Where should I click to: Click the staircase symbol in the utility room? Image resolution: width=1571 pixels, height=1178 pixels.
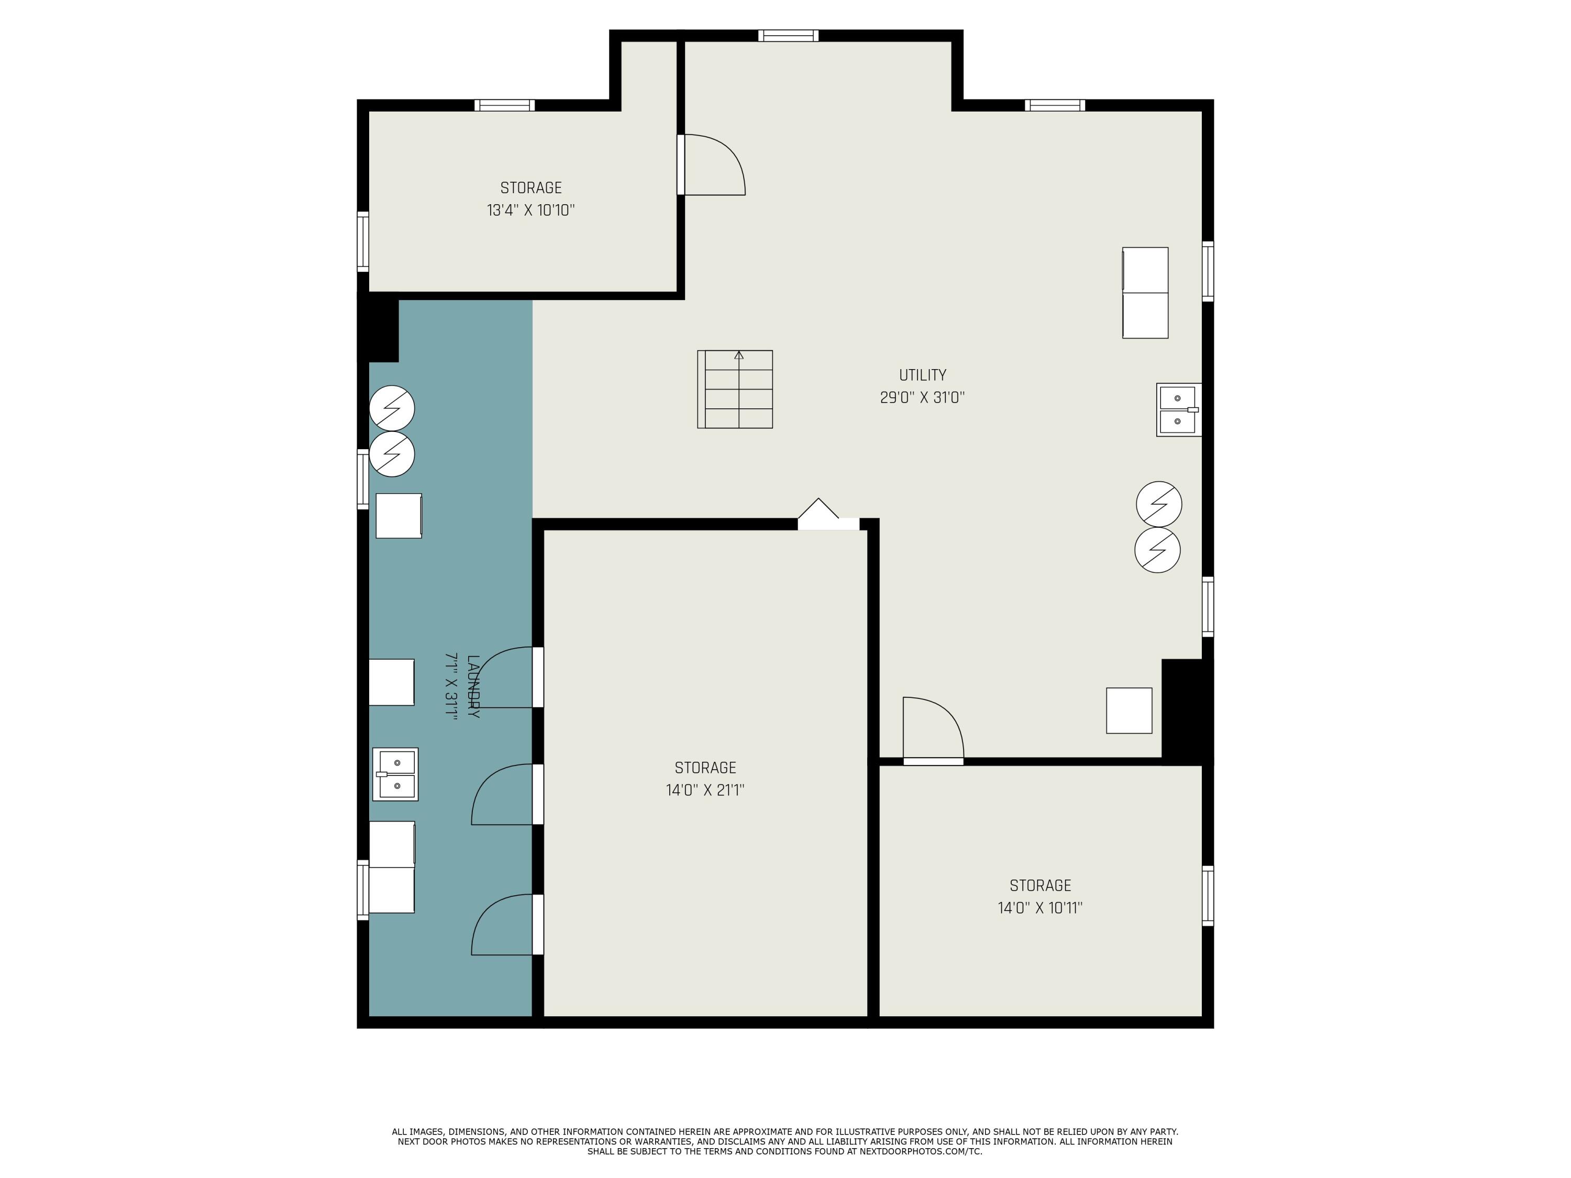click(x=735, y=389)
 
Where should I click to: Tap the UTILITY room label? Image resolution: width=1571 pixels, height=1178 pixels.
click(x=923, y=375)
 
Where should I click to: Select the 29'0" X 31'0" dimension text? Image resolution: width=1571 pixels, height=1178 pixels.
click(x=923, y=397)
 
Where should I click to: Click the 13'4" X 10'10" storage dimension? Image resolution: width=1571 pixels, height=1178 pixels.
click(x=530, y=210)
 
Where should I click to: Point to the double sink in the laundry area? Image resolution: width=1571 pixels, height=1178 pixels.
click(x=395, y=774)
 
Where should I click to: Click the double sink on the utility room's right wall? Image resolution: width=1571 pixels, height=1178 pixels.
click(x=1179, y=410)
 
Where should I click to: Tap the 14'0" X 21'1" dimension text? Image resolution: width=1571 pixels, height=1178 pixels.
click(x=705, y=790)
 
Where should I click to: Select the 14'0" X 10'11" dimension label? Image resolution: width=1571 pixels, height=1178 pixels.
click(x=1040, y=908)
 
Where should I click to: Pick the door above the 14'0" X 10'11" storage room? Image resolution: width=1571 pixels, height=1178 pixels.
click(x=933, y=731)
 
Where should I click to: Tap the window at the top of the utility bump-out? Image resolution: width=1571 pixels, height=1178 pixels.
click(x=788, y=36)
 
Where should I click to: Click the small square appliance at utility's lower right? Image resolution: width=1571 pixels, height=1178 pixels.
click(x=1129, y=710)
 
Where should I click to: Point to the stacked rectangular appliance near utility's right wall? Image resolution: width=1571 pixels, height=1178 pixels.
click(x=1145, y=293)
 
